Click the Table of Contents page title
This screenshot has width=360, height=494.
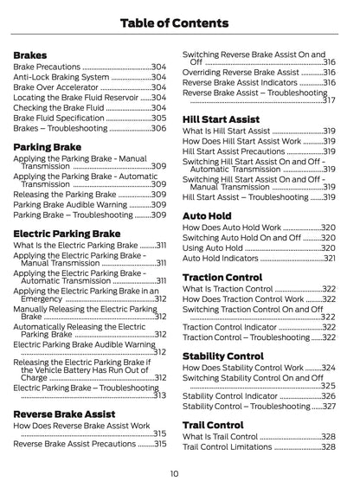[180, 22]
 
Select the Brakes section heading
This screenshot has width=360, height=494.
[30, 55]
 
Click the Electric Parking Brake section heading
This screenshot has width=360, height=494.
[67, 233]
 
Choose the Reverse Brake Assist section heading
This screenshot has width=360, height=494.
[65, 414]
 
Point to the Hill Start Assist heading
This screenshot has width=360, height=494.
[221, 119]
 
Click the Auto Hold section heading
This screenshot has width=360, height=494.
[207, 215]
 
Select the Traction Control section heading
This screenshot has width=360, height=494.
[222, 277]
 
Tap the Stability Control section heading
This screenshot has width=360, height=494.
[223, 356]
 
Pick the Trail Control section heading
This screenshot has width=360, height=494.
[213, 425]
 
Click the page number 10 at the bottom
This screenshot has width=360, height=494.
[174, 473]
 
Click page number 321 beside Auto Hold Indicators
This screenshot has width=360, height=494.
[329, 258]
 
